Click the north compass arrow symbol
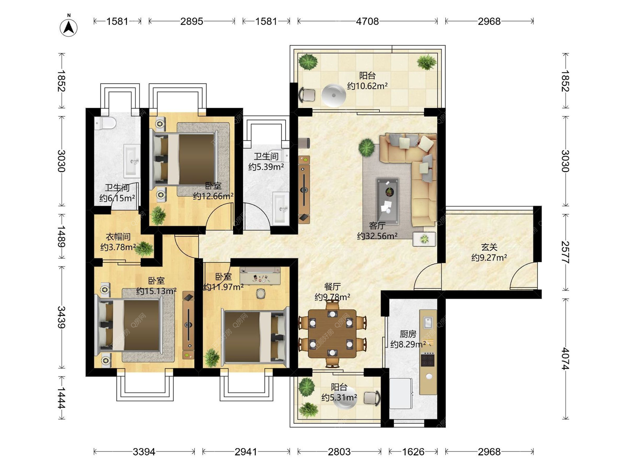click(69, 27)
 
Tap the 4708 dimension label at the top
click(367, 21)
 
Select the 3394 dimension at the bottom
click(144, 452)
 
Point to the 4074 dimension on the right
click(565, 359)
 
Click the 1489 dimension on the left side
click(61, 236)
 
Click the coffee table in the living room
click(388, 201)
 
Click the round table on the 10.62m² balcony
click(333, 95)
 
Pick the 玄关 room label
click(489, 247)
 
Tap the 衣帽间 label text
click(118, 237)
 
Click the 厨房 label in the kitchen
click(408, 334)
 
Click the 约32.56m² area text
click(377, 236)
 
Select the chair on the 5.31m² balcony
click(372, 398)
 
